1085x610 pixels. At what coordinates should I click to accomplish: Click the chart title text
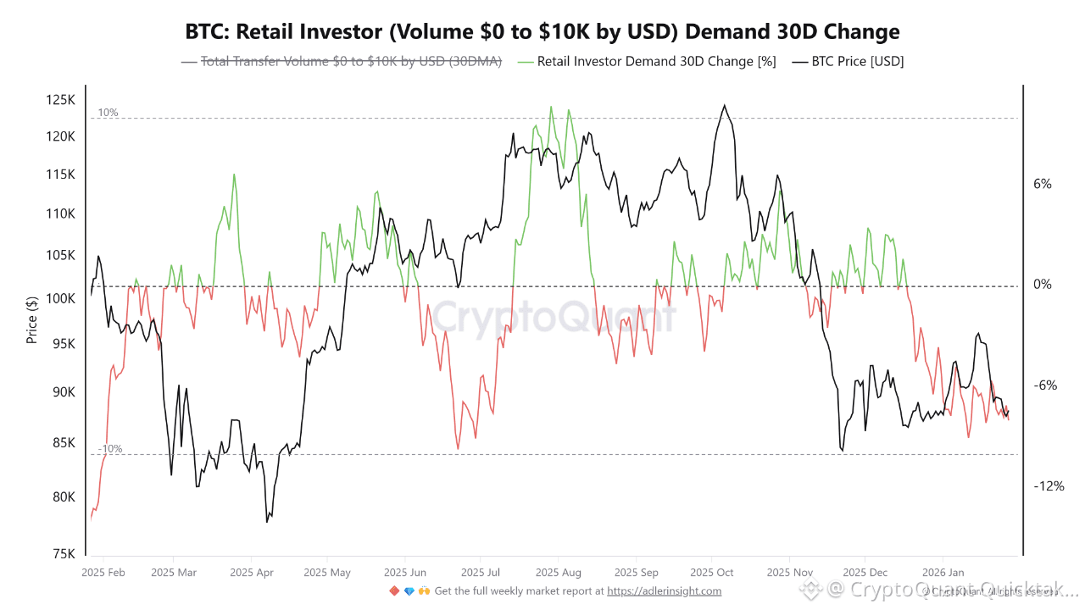(542, 32)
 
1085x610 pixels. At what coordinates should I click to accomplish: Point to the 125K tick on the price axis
(60, 100)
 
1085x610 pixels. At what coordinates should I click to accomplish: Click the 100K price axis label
(60, 299)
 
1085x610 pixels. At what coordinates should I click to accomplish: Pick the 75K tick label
(64, 554)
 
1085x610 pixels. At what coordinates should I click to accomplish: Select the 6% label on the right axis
(1042, 184)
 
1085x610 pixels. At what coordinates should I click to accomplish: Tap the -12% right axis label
(1048, 486)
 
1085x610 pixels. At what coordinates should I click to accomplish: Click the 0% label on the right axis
(1042, 285)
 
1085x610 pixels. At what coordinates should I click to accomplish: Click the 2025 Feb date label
(103, 573)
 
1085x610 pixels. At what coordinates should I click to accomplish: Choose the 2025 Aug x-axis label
(559, 573)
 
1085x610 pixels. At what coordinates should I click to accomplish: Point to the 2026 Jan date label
(943, 573)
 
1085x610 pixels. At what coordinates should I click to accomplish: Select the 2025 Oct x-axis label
(712, 573)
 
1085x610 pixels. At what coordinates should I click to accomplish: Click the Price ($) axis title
(32, 320)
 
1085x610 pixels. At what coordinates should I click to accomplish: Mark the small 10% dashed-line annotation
(108, 113)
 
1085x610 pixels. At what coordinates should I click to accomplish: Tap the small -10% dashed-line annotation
(109, 449)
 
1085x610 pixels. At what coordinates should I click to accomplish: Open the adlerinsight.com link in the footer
(664, 591)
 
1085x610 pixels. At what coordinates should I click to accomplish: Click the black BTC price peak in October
(724, 106)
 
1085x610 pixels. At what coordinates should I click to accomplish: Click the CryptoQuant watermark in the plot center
(555, 318)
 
